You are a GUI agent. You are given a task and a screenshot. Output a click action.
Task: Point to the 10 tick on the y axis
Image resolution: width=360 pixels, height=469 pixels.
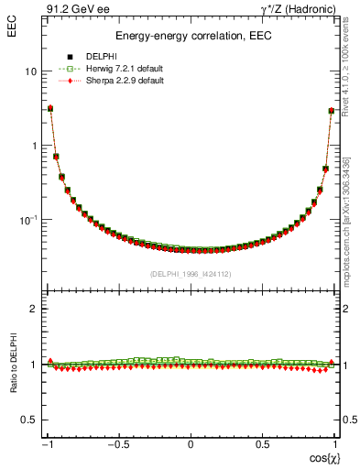point(30,71)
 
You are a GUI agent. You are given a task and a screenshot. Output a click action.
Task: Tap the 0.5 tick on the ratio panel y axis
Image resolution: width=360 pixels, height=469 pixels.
point(30,420)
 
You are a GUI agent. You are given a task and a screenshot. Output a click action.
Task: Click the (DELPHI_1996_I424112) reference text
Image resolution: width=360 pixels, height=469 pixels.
point(191,273)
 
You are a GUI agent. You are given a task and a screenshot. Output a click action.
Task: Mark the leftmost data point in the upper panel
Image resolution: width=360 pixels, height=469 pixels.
point(50,108)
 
